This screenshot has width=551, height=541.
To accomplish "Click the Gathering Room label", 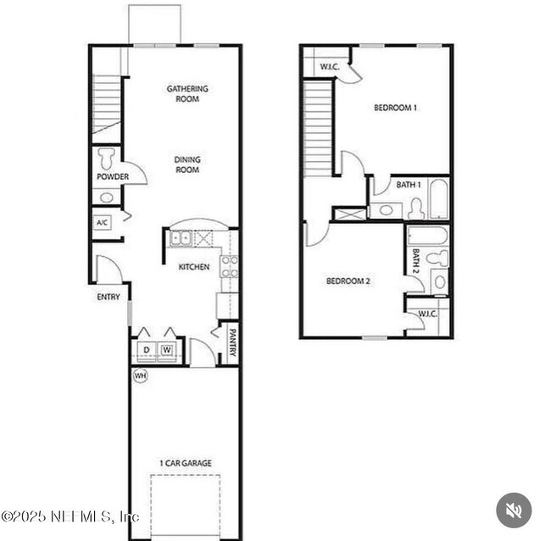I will coord(187,93).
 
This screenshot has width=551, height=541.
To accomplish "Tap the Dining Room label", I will coord(187,165).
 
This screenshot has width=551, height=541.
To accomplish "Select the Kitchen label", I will coord(193,267).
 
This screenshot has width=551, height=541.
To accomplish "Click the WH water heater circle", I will coord(140,375).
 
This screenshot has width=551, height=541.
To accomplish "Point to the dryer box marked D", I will coord(146,349).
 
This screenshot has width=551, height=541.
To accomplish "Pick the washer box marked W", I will coord(167,349).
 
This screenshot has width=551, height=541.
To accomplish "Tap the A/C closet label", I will coord(103,223).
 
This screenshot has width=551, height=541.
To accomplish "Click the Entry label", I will coord(109,297).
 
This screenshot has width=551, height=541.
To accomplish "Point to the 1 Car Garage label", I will coord(186,463).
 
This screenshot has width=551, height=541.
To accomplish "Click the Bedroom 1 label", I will coord(396,108).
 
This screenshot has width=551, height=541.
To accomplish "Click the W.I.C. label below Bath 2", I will coord(427,314).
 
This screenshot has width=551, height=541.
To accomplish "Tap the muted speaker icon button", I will coord(514,510).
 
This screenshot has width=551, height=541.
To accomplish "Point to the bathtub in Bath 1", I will coord(438,198).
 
